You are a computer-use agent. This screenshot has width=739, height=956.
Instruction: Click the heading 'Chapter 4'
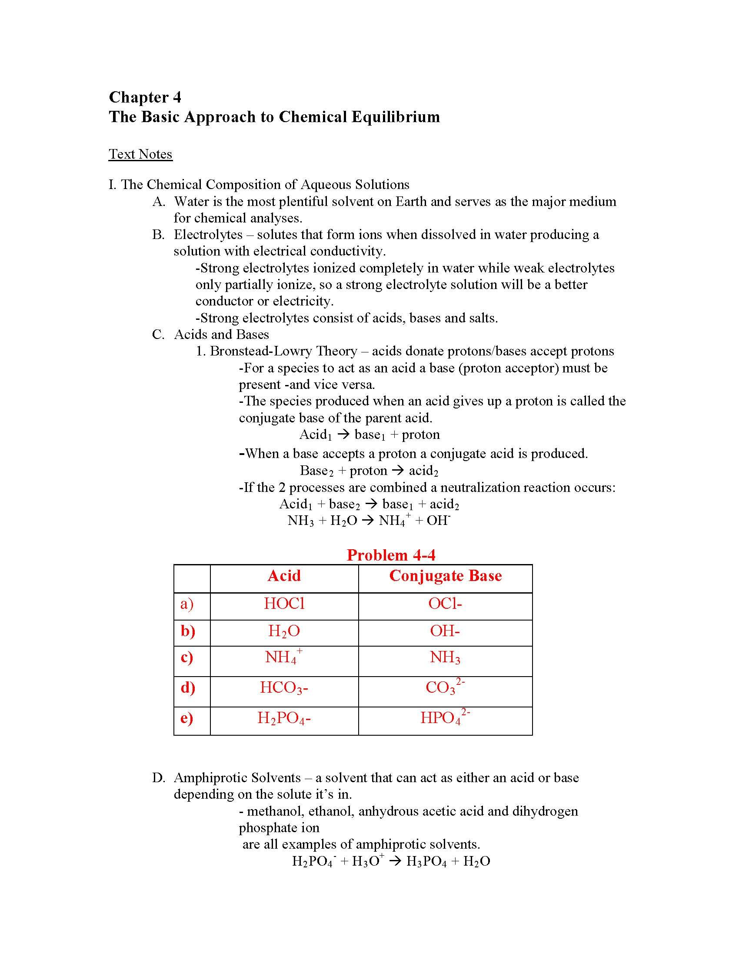[x=144, y=97]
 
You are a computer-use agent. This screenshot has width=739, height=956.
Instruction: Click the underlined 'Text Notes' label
[x=140, y=154]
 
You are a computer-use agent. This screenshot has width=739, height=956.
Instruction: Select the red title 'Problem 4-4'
[x=390, y=555]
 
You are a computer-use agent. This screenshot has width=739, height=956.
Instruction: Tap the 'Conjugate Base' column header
[x=445, y=576]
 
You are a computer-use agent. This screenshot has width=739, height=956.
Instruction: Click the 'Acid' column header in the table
[x=284, y=576]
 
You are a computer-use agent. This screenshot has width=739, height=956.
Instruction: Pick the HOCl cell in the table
[x=284, y=604]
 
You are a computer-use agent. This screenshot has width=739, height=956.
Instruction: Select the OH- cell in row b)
[x=445, y=631]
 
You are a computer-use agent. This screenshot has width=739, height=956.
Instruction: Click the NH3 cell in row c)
[x=445, y=657]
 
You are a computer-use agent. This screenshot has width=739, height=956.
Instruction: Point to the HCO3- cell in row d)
[x=284, y=688]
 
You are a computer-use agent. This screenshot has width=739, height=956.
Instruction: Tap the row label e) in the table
[x=187, y=718]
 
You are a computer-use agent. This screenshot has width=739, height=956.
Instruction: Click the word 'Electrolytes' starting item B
[x=208, y=235]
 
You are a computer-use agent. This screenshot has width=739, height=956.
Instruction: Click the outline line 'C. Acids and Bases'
[x=210, y=335]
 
